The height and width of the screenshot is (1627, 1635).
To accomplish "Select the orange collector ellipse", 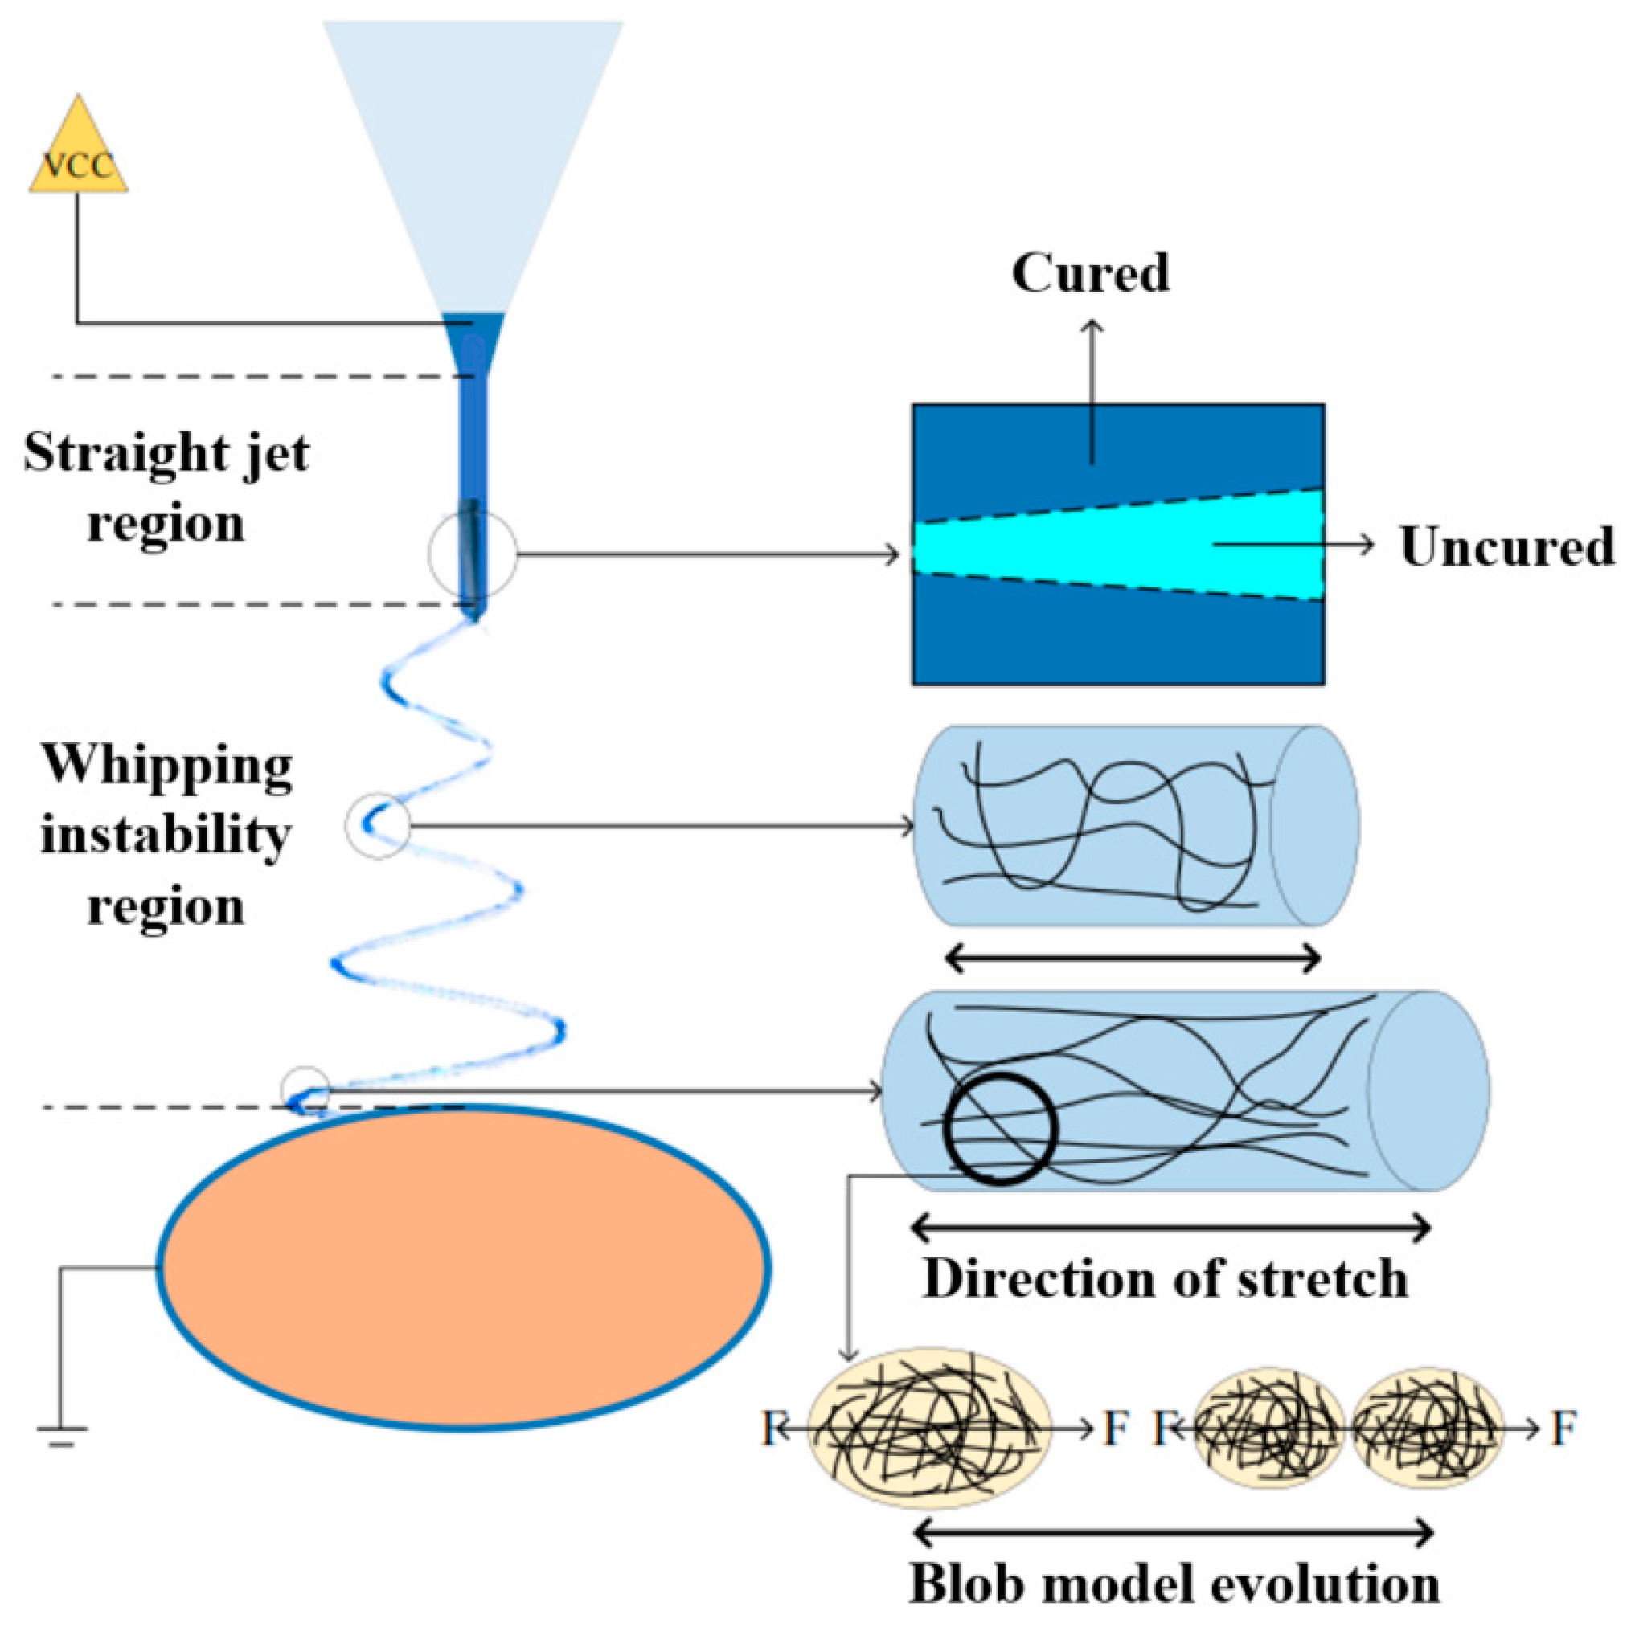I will click(464, 1267).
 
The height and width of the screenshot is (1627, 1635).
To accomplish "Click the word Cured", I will click(1090, 274).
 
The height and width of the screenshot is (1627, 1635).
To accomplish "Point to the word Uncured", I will click(1507, 546).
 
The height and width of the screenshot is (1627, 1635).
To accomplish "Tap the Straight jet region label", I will click(166, 488).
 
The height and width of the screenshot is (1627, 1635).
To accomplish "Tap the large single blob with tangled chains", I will click(929, 1429).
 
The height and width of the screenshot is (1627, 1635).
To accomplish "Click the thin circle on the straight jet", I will click(472, 555).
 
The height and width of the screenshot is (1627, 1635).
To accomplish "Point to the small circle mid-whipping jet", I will click(378, 826).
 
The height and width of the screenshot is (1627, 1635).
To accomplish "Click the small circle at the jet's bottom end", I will click(305, 1089).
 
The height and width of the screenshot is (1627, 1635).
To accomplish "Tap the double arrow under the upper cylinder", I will click(1133, 959).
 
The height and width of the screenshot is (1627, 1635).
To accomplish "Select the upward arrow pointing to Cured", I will click(1091, 389).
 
